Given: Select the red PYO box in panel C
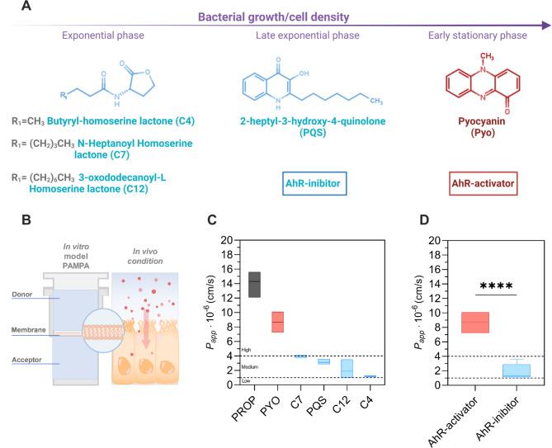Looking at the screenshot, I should point(278,322).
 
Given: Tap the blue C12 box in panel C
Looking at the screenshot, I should point(347,368).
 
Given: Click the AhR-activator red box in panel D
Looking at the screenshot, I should point(474,322).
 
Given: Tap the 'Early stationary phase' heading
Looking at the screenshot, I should point(484,37).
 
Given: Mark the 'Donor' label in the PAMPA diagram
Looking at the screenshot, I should point(34,295).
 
